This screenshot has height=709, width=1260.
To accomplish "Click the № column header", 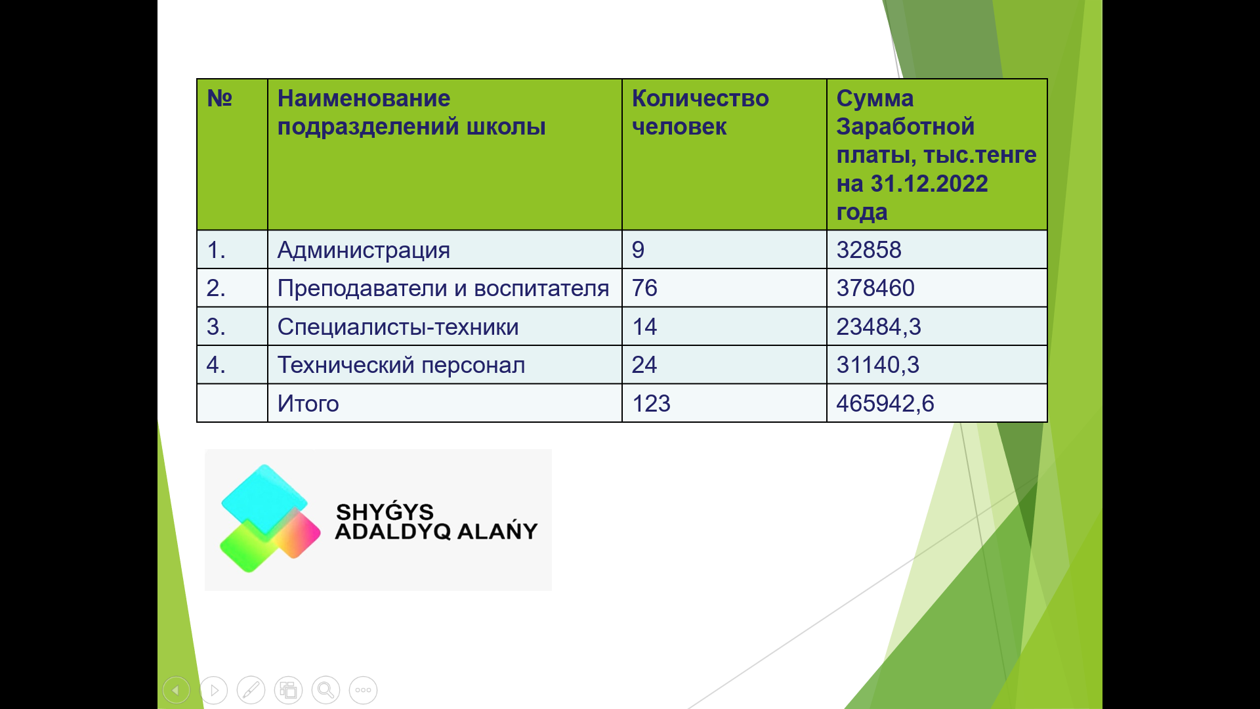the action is click(x=220, y=98).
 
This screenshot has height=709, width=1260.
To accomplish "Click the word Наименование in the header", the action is click(x=364, y=98).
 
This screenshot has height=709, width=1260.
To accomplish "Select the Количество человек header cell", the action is click(x=724, y=154).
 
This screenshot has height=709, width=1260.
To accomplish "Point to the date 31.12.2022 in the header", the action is click(x=929, y=184).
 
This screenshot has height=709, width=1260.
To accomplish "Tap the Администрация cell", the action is click(x=444, y=249).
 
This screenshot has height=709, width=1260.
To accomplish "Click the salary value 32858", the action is click(x=869, y=250).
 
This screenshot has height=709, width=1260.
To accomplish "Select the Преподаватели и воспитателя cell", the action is click(x=444, y=288).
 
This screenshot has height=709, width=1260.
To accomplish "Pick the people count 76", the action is click(x=644, y=288).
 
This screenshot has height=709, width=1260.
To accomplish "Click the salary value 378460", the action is click(x=875, y=288).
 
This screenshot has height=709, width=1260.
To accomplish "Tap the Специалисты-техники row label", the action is click(x=398, y=327).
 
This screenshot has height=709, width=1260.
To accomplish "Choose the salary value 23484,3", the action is click(x=879, y=327).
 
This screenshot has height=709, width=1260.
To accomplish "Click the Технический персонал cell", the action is click(x=444, y=365).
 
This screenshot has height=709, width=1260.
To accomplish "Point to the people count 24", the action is click(x=644, y=365).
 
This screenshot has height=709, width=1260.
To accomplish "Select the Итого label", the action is click(x=308, y=404).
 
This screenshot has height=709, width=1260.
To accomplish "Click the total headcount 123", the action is click(x=651, y=404).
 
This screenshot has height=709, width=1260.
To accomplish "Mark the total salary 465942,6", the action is click(x=885, y=404).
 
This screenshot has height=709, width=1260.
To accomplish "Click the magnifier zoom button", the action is click(x=325, y=690).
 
